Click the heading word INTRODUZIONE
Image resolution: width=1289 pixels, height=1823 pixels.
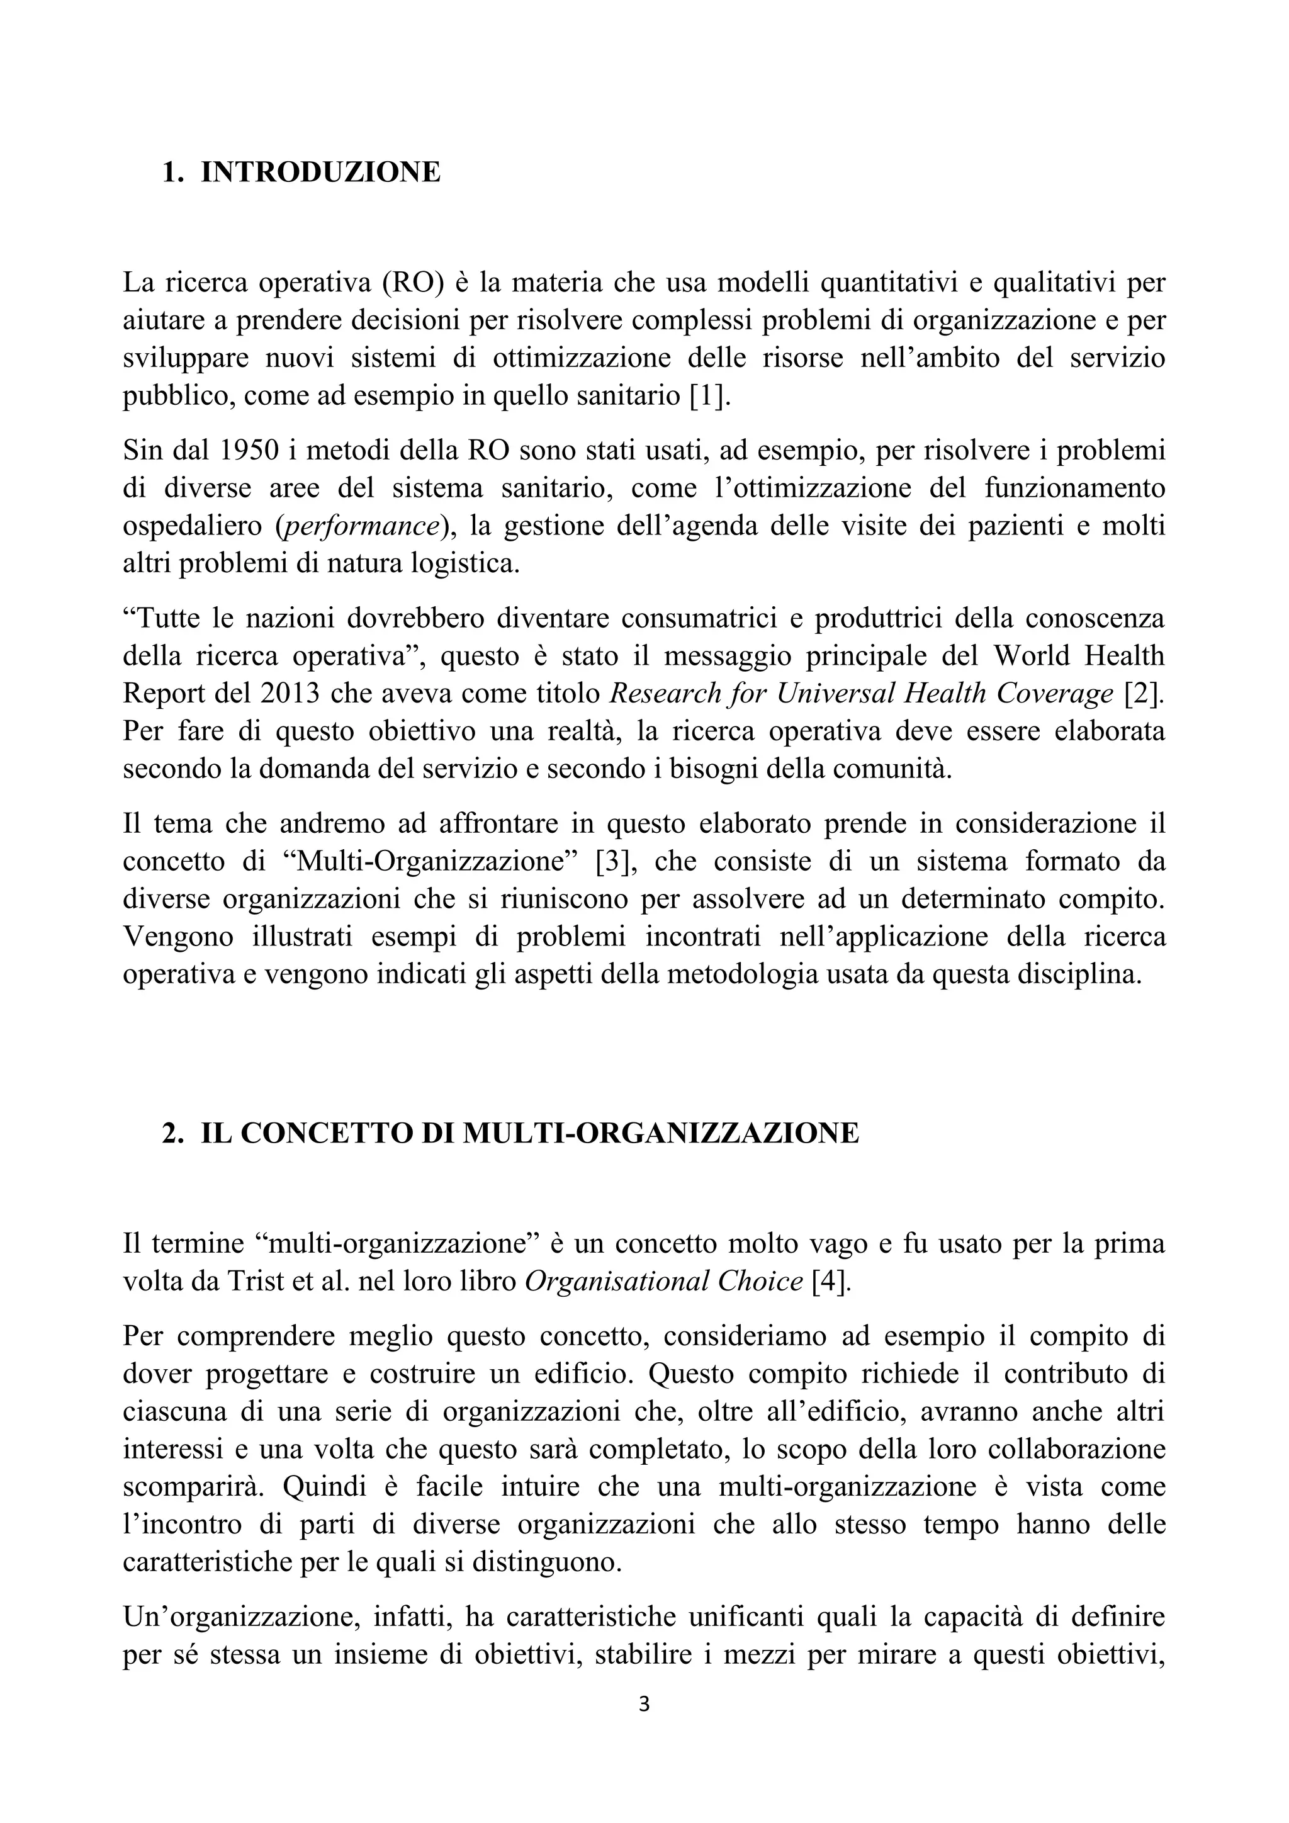click(320, 172)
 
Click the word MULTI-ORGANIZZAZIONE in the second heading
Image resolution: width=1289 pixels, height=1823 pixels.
click(660, 1133)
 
